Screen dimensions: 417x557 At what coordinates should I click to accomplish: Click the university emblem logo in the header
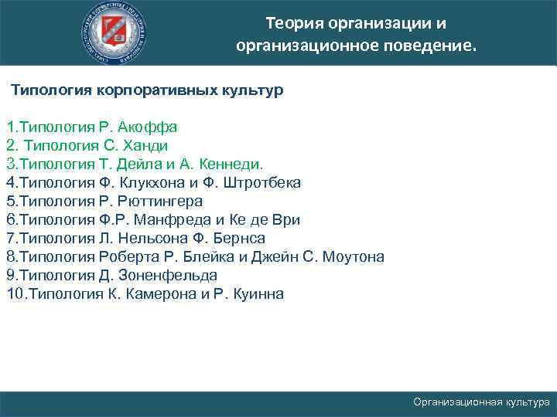coord(118,32)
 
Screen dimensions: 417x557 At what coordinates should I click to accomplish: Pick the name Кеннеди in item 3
coord(231,164)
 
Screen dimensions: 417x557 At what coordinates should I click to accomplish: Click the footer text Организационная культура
coord(481,402)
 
